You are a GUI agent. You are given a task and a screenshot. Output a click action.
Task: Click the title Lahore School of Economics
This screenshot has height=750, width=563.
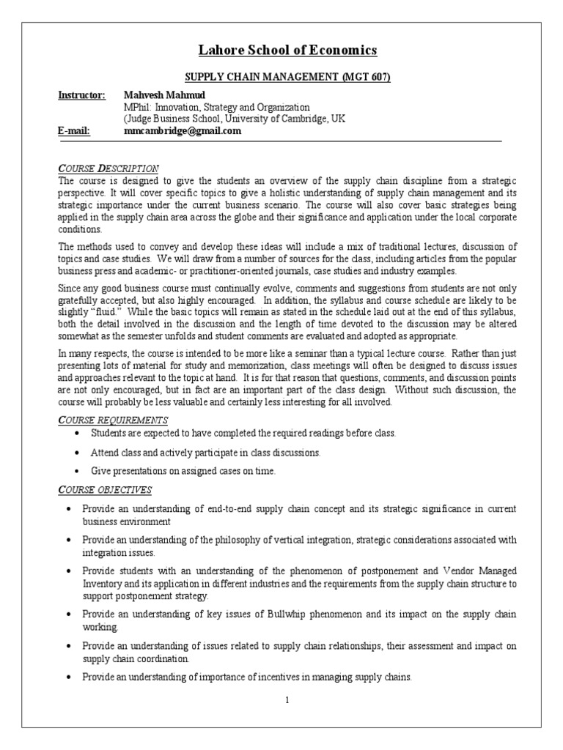288,51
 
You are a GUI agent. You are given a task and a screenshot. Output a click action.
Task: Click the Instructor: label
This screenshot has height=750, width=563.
82,95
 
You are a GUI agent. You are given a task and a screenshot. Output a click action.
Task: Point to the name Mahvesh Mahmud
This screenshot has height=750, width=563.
163,95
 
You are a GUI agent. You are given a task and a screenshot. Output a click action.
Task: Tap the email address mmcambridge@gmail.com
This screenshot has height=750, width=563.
183,130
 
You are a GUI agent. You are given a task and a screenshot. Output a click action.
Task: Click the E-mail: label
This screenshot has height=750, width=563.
74,130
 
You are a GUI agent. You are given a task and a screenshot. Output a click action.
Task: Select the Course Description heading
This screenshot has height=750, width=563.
108,168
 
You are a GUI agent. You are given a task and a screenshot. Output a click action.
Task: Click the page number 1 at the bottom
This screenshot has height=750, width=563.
288,699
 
